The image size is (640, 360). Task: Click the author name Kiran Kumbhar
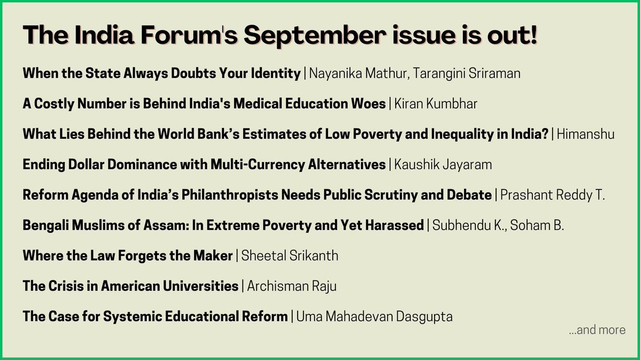436,103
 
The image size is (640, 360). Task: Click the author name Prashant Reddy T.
553,195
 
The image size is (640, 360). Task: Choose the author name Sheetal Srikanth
290,256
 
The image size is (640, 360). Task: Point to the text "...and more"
597,330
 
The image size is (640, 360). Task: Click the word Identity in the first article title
277,73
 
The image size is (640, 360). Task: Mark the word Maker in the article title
215,256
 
